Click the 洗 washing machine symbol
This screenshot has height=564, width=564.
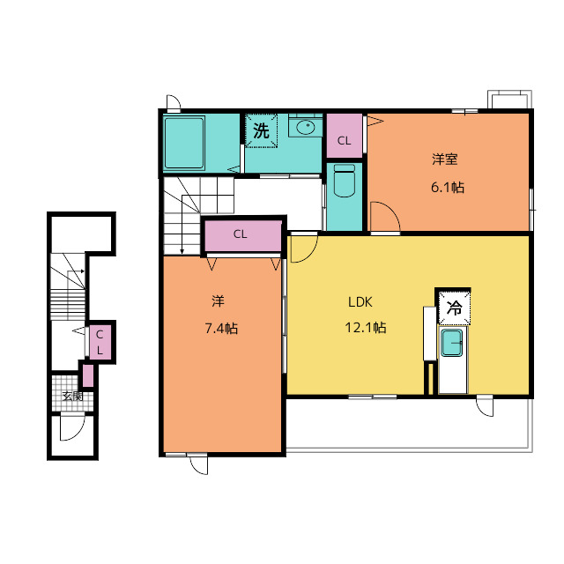[261, 130]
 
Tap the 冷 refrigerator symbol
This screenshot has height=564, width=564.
[455, 308]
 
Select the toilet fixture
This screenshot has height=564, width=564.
[345, 181]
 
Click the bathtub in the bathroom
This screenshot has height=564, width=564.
[184, 143]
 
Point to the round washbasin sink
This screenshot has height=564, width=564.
[306, 127]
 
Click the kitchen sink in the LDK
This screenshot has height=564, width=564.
[452, 343]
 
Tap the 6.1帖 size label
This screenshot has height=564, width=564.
[448, 188]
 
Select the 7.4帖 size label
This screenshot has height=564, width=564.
[221, 329]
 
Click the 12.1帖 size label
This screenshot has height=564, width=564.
[366, 328]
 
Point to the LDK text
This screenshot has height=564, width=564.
[360, 302]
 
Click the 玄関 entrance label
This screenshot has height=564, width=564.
[72, 397]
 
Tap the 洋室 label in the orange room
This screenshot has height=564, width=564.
[445, 159]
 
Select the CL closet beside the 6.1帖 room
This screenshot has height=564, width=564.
[345, 136]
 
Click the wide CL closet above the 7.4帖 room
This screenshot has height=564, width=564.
[243, 236]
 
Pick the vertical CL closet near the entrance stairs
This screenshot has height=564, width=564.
[100, 342]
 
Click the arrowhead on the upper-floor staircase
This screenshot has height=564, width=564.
[182, 250]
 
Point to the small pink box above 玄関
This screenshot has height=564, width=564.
[88, 376]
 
